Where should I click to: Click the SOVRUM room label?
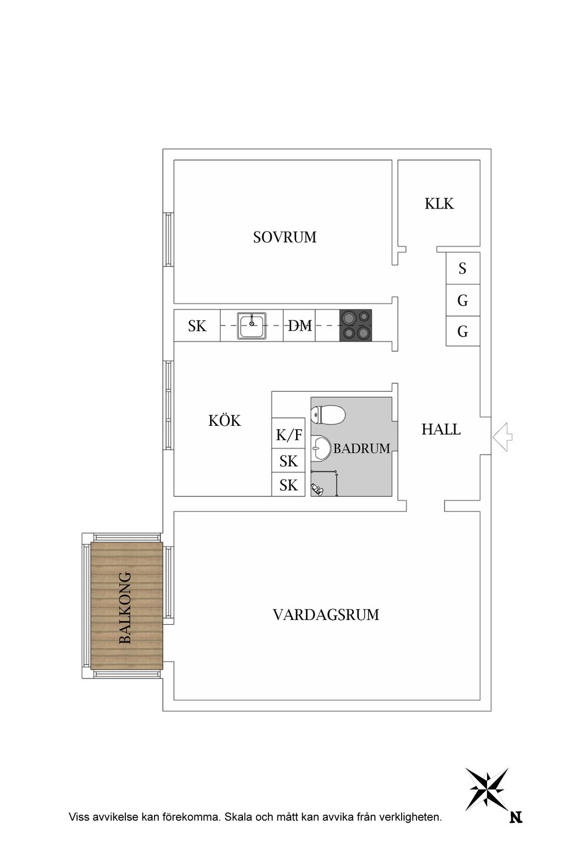(285, 238)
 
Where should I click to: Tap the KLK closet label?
(439, 204)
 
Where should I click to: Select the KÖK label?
(224, 421)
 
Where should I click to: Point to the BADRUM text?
(362, 449)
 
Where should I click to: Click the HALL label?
(441, 429)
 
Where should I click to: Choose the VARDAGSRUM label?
(326, 615)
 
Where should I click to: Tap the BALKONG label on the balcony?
(125, 608)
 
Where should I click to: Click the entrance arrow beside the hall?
(502, 437)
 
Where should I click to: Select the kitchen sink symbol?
(252, 325)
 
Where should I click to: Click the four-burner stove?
(356, 325)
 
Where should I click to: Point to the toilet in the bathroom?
(328, 414)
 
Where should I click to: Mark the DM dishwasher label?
(300, 326)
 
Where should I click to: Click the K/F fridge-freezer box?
(288, 435)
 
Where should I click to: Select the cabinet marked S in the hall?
(463, 269)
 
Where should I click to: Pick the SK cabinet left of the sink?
(197, 326)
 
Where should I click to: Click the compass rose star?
(488, 788)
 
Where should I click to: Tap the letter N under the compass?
(516, 818)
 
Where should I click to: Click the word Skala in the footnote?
(238, 817)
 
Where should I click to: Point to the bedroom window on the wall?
(168, 239)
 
